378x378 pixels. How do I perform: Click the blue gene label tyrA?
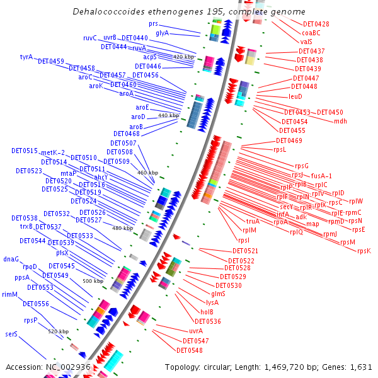click(x=26, y=57)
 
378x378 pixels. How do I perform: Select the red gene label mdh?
click(x=340, y=121)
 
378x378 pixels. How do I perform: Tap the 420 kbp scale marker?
click(x=183, y=57)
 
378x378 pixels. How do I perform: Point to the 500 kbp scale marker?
click(x=93, y=281)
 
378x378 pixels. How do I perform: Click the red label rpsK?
click(x=364, y=251)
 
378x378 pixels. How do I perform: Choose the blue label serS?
click(x=11, y=334)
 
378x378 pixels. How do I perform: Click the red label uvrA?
click(x=196, y=331)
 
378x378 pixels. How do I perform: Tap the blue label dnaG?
click(x=11, y=259)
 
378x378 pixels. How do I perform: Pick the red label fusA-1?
click(x=321, y=176)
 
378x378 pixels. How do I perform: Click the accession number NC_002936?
click(x=68, y=367)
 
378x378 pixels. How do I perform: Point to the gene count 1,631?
click(x=361, y=367)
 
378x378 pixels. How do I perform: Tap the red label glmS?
click(x=218, y=294)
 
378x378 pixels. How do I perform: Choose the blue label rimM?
click(x=9, y=294)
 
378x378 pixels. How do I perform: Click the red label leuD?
click(x=295, y=96)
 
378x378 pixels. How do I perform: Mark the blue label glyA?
click(x=162, y=33)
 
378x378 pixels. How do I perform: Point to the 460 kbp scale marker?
click(x=147, y=173)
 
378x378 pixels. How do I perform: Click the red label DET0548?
click(x=190, y=350)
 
